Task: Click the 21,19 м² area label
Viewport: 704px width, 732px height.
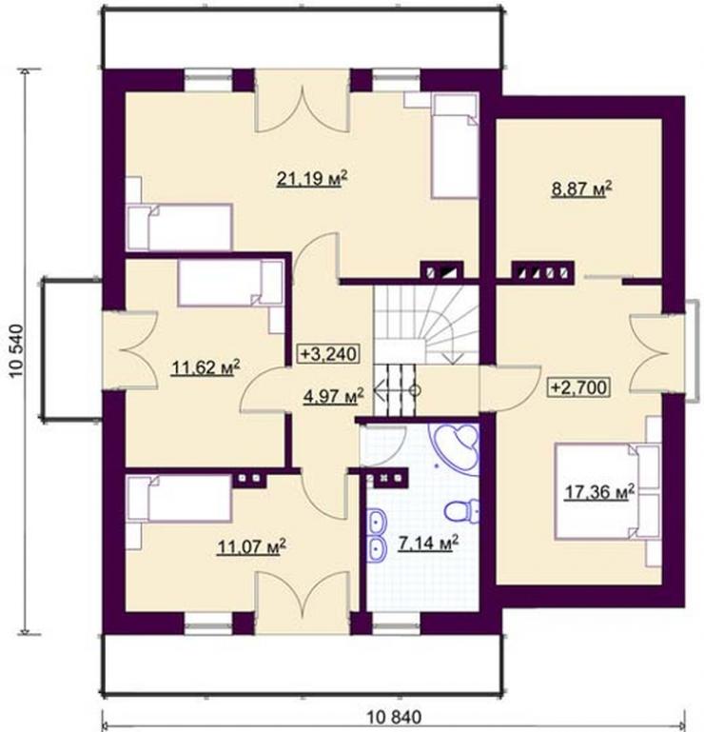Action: (312, 178)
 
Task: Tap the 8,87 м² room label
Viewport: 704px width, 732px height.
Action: (581, 190)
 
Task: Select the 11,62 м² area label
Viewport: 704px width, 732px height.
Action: (205, 367)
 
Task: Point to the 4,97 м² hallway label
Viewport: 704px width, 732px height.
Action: (333, 397)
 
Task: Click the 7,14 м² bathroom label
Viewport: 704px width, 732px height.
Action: (428, 543)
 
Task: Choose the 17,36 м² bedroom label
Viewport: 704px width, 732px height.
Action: (599, 491)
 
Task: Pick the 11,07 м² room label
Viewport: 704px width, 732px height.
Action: (251, 546)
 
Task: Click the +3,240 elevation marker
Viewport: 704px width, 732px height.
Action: (328, 353)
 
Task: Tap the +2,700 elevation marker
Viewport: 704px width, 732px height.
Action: (580, 387)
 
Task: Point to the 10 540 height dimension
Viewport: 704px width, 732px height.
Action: (15, 350)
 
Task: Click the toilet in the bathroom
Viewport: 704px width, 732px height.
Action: (461, 510)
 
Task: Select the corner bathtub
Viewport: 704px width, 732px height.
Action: (458, 446)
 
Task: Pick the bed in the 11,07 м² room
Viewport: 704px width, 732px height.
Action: (179, 498)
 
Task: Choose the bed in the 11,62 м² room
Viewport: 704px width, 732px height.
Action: (230, 284)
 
